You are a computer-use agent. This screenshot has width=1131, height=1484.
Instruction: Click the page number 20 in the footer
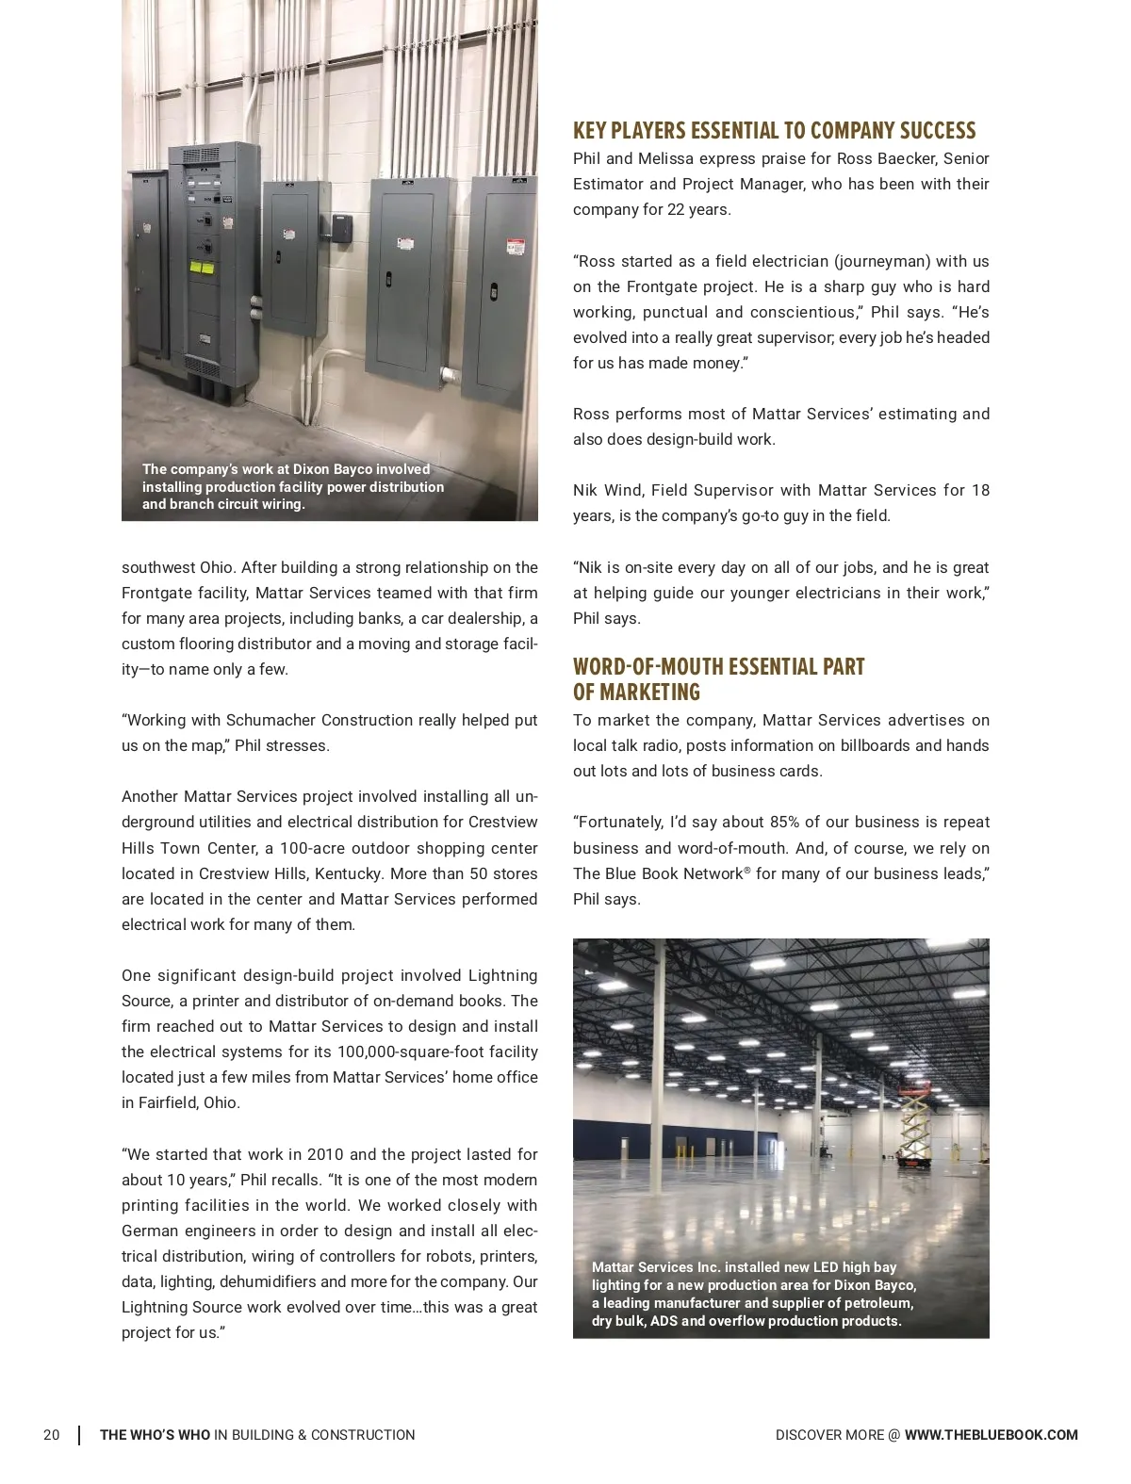(51, 1435)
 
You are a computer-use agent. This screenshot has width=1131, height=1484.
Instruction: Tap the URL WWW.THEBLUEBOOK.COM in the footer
(991, 1435)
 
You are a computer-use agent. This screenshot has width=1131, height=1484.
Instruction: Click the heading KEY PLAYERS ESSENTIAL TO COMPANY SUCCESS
(774, 131)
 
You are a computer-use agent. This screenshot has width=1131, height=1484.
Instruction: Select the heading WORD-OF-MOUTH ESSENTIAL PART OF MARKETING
(718, 679)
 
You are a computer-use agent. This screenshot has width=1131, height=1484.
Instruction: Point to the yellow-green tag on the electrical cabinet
(201, 268)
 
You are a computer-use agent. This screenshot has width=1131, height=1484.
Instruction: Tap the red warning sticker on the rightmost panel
(515, 247)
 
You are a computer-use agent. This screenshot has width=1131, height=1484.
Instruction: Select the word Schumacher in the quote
(271, 720)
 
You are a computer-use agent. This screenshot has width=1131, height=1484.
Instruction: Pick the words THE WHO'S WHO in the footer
(156, 1435)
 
